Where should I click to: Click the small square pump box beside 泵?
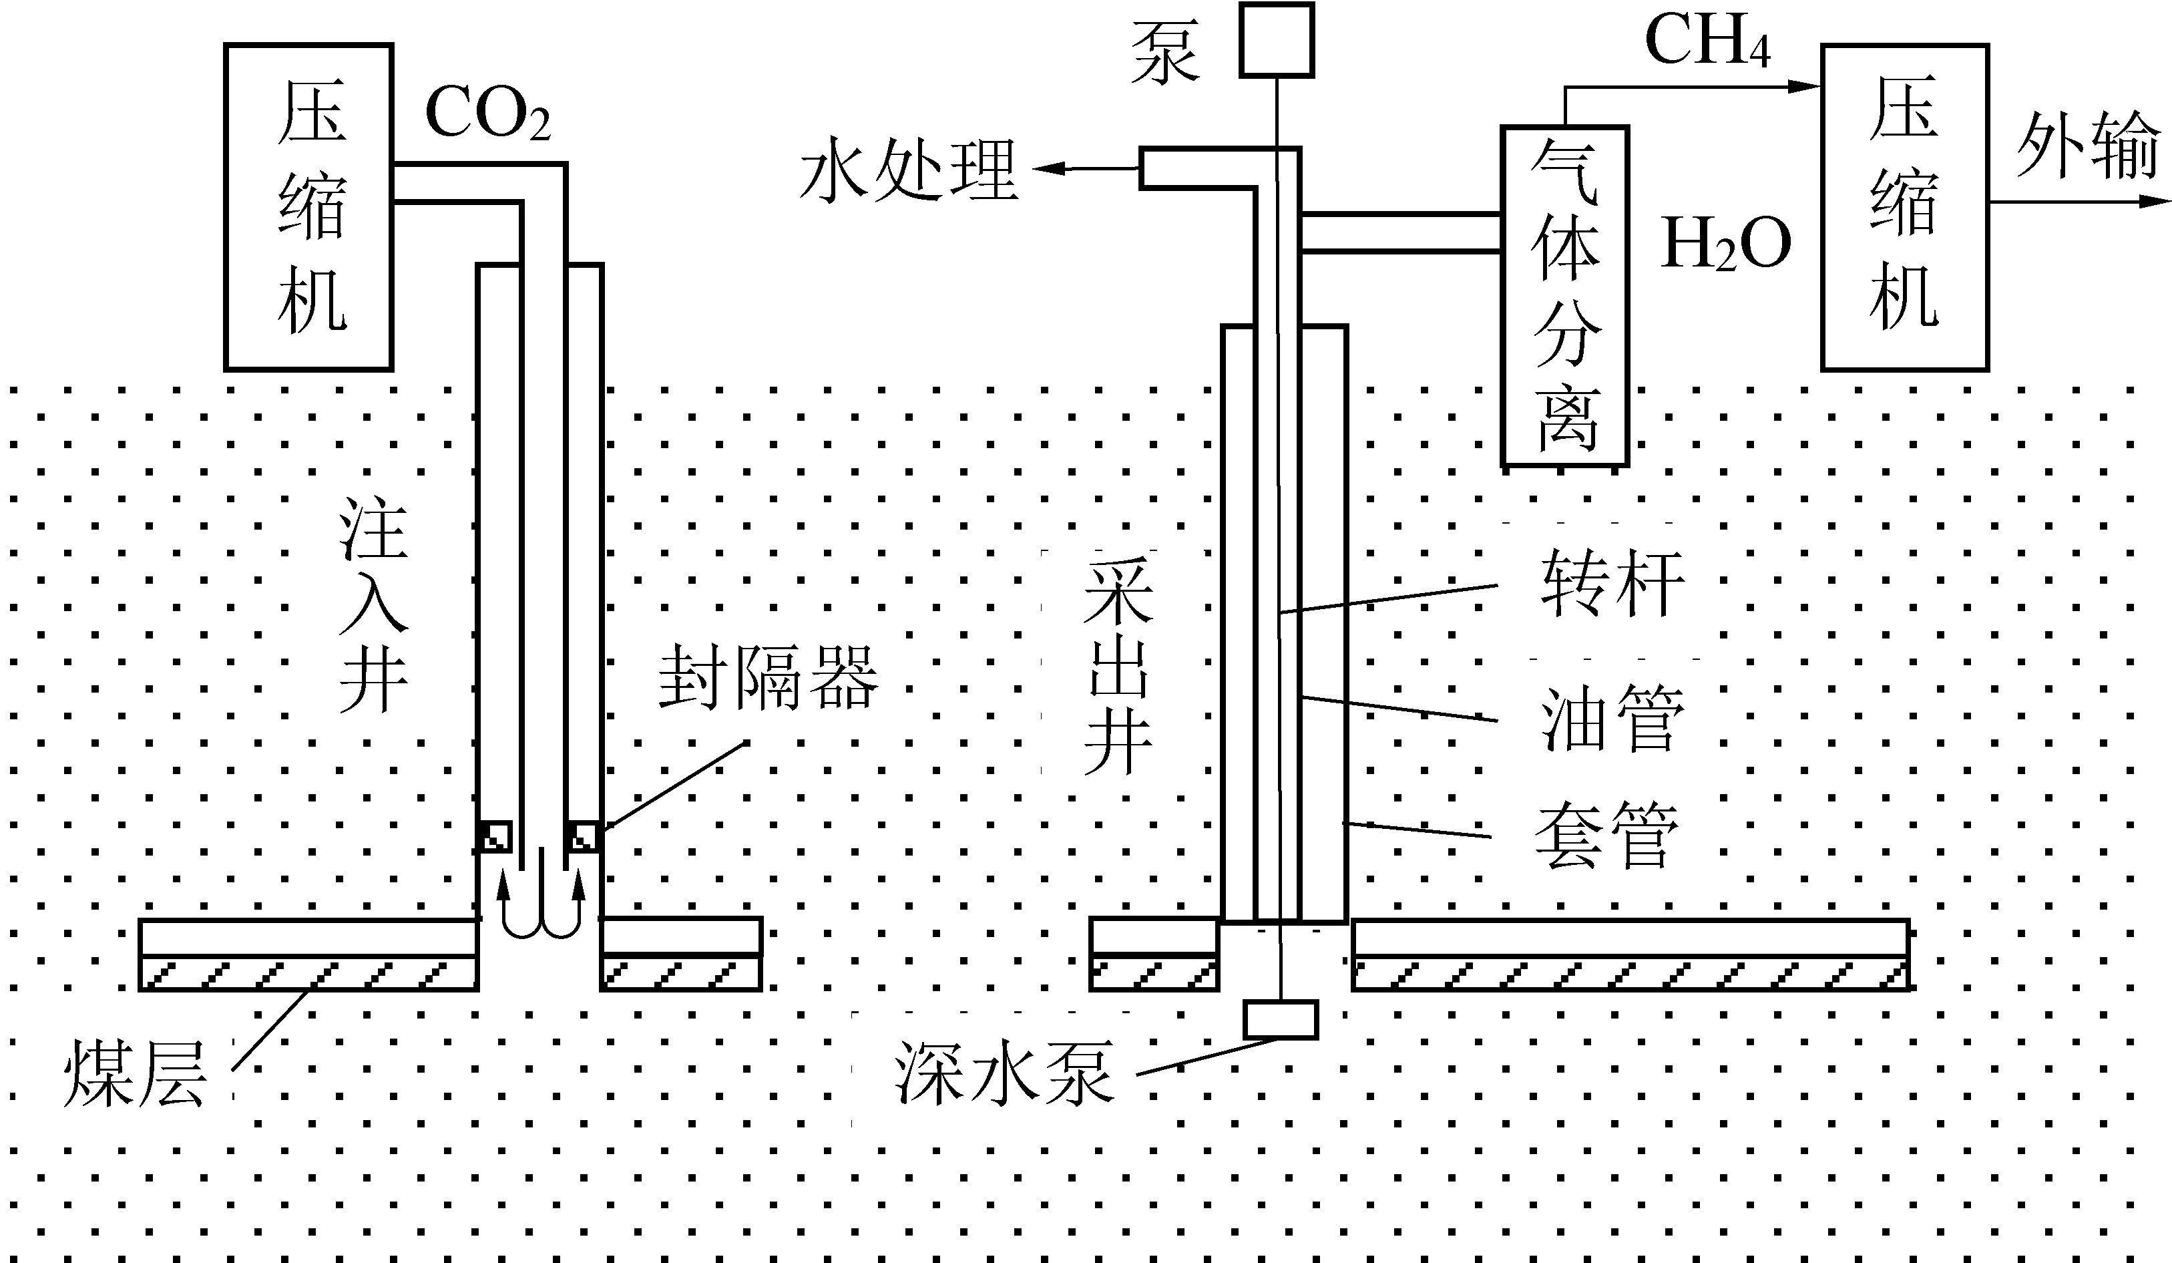(x=1277, y=39)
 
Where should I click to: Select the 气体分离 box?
(x=1564, y=296)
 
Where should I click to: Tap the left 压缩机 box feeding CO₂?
(x=308, y=207)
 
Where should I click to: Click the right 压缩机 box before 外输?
(x=1905, y=207)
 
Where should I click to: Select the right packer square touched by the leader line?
(x=584, y=836)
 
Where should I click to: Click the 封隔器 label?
(x=768, y=679)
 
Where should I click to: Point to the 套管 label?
(x=1607, y=834)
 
